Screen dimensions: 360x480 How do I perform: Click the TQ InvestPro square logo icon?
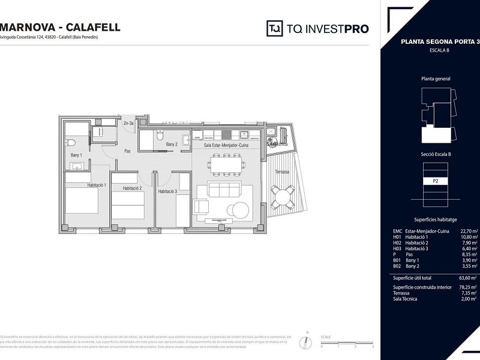point(275,28)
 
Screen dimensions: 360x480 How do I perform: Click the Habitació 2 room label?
point(131,188)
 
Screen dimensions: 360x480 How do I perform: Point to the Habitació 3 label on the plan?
point(167,191)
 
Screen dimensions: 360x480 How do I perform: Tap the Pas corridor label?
point(127,151)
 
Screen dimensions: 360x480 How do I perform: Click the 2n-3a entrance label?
point(128,124)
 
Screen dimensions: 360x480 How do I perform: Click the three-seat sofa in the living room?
point(223,190)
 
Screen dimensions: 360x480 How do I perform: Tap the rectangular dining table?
point(227,163)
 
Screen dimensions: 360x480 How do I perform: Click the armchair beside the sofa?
point(201,207)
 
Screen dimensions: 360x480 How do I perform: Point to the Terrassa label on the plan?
point(282,172)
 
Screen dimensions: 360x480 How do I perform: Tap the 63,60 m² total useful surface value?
point(467,278)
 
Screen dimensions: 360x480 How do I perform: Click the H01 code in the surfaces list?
point(397,236)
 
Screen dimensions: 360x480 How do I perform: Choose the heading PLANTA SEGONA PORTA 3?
point(440,42)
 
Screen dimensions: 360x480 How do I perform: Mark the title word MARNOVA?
point(28,27)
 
